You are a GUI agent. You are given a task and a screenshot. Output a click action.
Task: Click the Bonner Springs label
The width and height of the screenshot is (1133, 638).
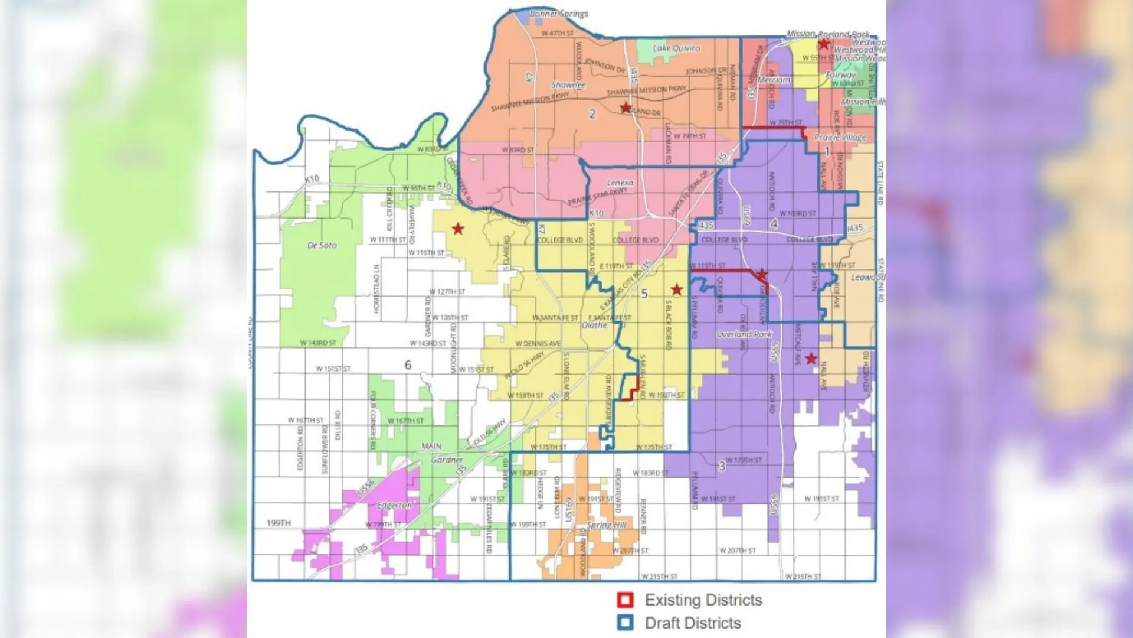[x=558, y=14]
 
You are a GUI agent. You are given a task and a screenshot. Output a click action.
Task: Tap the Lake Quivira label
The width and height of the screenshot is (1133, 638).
[x=676, y=48]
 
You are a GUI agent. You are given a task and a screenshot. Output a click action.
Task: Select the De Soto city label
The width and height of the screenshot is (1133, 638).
[x=322, y=245]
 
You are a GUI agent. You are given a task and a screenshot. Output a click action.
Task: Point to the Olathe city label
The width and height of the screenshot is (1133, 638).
[x=594, y=325]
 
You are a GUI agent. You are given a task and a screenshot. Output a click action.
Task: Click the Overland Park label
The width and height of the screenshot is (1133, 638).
[x=744, y=334]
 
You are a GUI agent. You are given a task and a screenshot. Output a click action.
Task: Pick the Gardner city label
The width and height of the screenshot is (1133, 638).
[x=447, y=460]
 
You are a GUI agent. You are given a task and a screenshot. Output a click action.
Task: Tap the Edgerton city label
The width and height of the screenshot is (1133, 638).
[x=394, y=506]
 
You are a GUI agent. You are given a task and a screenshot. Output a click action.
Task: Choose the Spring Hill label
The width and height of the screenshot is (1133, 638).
[x=606, y=525]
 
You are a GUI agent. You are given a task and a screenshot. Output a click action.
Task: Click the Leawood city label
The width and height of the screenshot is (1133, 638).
[x=867, y=277]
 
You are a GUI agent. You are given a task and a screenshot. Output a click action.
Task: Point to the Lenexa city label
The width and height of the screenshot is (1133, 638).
[x=620, y=183]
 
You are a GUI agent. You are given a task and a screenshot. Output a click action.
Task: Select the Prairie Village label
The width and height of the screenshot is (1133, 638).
[x=840, y=137]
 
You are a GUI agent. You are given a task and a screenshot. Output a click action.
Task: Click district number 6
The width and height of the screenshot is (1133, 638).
[x=408, y=365]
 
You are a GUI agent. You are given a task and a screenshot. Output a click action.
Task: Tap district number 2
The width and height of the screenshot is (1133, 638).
[x=592, y=114]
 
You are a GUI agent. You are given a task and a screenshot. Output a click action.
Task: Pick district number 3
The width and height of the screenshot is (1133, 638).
[x=721, y=466]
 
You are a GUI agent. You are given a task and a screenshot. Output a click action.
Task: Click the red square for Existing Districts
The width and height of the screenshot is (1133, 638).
[x=626, y=600]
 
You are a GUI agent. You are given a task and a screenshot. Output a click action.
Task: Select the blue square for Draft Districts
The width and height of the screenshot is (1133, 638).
[x=626, y=623]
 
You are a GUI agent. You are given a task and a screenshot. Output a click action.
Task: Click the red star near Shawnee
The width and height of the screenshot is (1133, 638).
[x=626, y=108]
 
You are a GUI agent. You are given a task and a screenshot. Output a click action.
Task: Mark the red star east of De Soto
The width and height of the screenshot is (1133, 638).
[x=458, y=229]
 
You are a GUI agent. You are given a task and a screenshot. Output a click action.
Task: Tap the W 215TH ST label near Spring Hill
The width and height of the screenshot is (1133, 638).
[x=659, y=576]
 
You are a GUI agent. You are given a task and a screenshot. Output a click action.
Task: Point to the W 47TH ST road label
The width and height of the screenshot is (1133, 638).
[x=557, y=34]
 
